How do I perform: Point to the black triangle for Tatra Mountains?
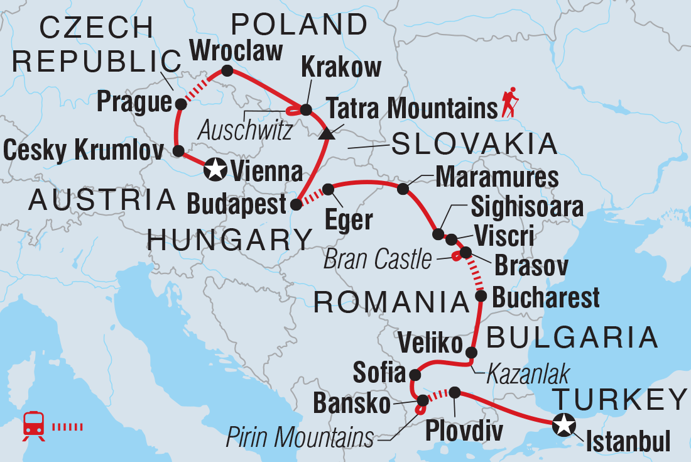pos(325,134)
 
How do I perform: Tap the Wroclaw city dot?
pos(227,70)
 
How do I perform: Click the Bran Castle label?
pos(378,260)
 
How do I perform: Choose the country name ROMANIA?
pos(391,302)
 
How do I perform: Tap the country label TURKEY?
pos(619,399)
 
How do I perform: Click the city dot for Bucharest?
pos(481,295)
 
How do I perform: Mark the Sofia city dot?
pos(415,375)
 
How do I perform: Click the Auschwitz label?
pos(244,131)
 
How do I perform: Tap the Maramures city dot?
pos(403,188)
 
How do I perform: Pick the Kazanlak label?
pos(527,375)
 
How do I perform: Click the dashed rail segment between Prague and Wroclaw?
pos(202,85)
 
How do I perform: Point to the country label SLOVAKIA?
pos(474,145)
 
